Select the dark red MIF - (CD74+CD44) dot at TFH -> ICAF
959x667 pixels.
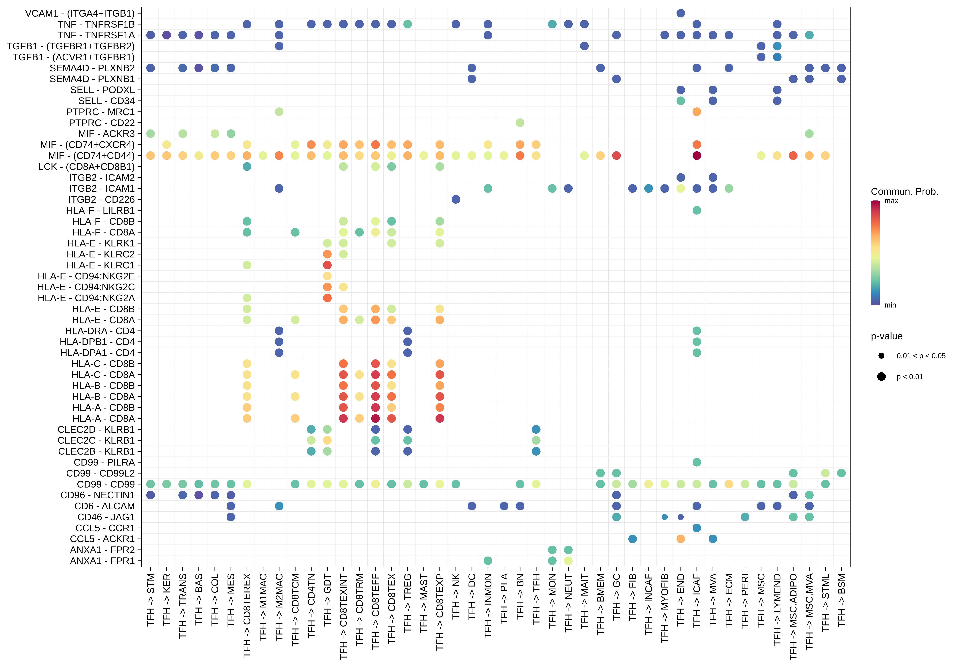click(696, 155)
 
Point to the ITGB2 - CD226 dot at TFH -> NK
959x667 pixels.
click(456, 199)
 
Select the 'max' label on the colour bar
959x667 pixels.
click(891, 201)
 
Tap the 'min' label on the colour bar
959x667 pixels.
click(890, 305)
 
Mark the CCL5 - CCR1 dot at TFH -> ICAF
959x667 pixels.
click(696, 528)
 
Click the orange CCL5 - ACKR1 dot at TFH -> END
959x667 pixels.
click(680, 539)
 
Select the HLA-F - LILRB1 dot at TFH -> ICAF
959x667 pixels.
click(696, 210)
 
